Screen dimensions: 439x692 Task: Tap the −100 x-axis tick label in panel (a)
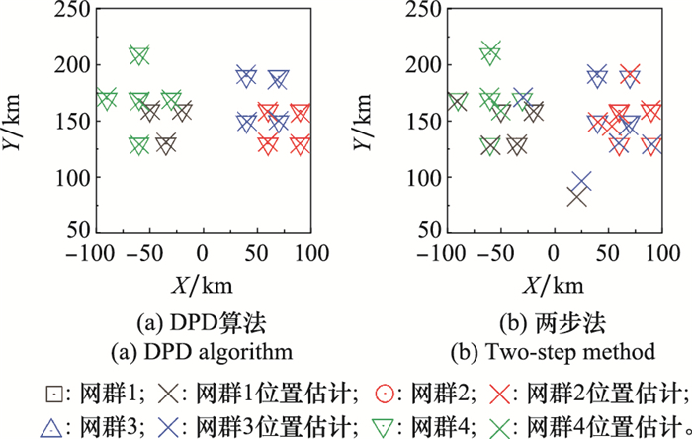point(95,254)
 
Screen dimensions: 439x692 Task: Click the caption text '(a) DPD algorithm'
point(202,351)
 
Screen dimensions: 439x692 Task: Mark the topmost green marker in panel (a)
point(139,55)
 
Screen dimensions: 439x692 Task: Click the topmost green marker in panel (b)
point(490,51)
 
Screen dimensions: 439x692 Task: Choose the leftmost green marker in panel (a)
point(106,100)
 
